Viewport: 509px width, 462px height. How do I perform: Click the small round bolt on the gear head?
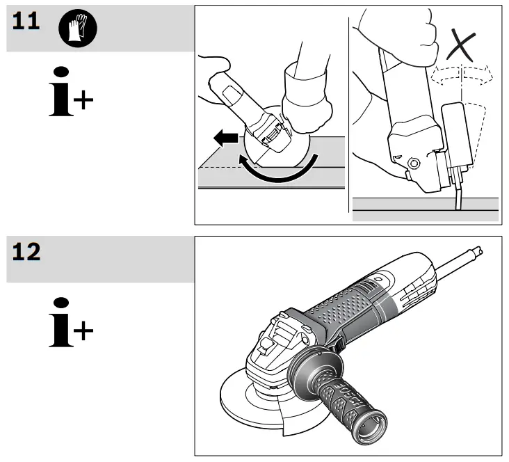point(414,164)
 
